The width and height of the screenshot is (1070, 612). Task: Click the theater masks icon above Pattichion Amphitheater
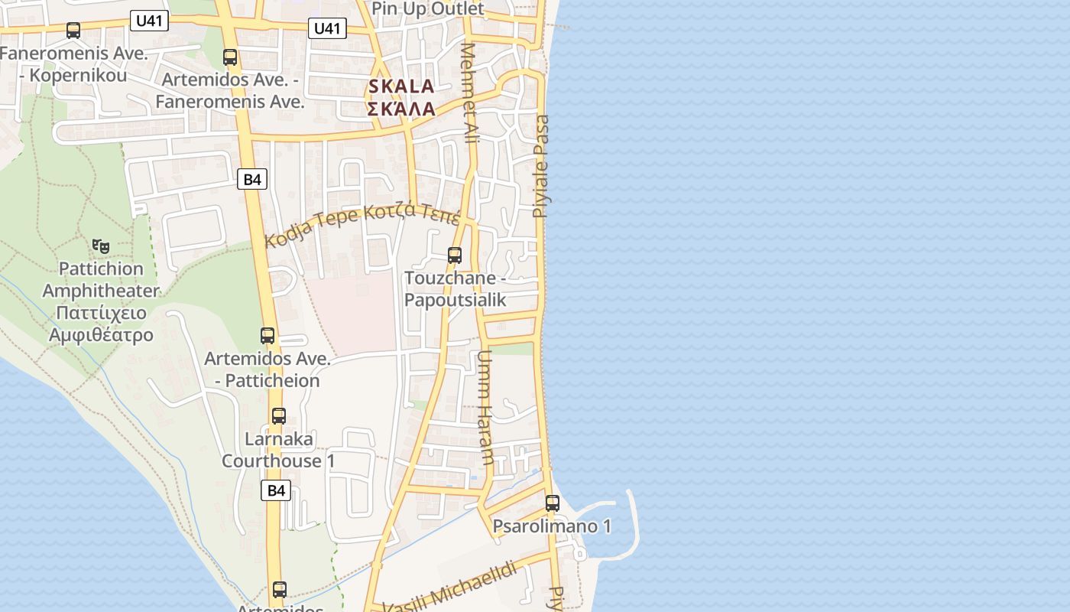point(101,246)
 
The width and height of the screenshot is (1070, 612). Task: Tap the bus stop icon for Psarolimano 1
point(553,503)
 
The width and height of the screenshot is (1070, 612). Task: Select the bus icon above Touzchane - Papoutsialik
point(455,255)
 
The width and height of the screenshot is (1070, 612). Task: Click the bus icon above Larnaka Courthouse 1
point(279,416)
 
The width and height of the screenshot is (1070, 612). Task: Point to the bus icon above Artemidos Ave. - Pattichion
point(267,335)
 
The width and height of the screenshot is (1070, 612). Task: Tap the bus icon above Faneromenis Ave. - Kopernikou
point(73,31)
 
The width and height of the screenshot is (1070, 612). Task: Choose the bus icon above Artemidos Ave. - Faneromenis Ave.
point(230,57)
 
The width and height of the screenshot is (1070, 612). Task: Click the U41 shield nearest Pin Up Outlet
point(327,29)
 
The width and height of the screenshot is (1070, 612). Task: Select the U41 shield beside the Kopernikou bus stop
point(149,21)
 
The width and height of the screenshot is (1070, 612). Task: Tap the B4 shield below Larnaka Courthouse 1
point(276,490)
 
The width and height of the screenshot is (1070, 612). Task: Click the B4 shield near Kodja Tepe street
point(252,180)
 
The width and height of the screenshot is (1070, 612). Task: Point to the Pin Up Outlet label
point(428,9)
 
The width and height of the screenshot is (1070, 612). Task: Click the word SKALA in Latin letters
point(401,86)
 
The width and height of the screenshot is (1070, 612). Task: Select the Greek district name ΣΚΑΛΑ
point(401,109)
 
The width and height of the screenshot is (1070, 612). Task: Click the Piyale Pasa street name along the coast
point(541,166)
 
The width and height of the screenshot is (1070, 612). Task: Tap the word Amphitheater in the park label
point(101,291)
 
